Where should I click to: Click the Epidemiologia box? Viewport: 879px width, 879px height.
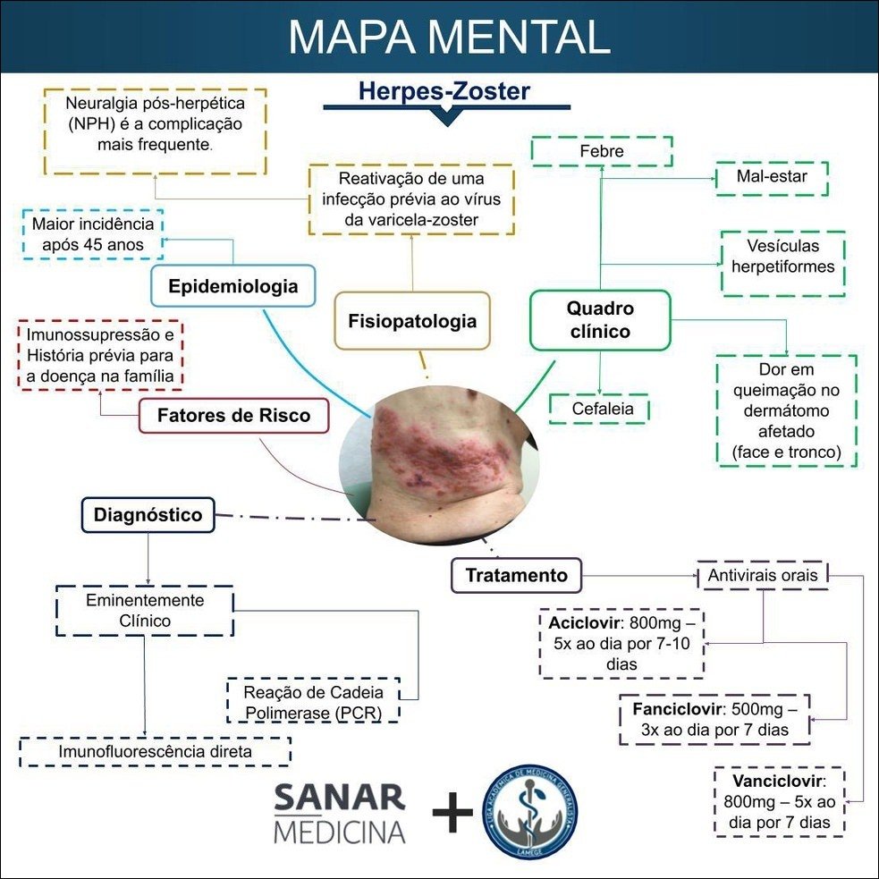coord(232,287)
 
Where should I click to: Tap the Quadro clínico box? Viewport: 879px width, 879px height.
coord(599,320)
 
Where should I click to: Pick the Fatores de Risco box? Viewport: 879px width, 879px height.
coord(233,416)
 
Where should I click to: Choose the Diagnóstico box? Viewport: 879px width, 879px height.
coord(148,515)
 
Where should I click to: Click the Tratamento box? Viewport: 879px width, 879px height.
coord(516,575)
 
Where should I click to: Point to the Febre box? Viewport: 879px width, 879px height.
coord(601,151)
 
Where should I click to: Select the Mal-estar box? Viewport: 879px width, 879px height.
coord(772,177)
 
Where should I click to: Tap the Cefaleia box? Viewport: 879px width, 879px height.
coord(598,409)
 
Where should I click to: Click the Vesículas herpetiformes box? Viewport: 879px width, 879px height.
coord(782,256)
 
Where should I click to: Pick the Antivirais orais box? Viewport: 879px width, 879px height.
coord(763,575)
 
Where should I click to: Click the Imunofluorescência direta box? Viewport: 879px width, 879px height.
coord(155,752)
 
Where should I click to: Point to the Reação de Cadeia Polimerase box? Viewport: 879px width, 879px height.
coord(313,700)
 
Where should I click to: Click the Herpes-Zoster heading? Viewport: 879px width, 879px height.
coord(444,90)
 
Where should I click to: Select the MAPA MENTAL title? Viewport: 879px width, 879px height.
coord(449,37)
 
